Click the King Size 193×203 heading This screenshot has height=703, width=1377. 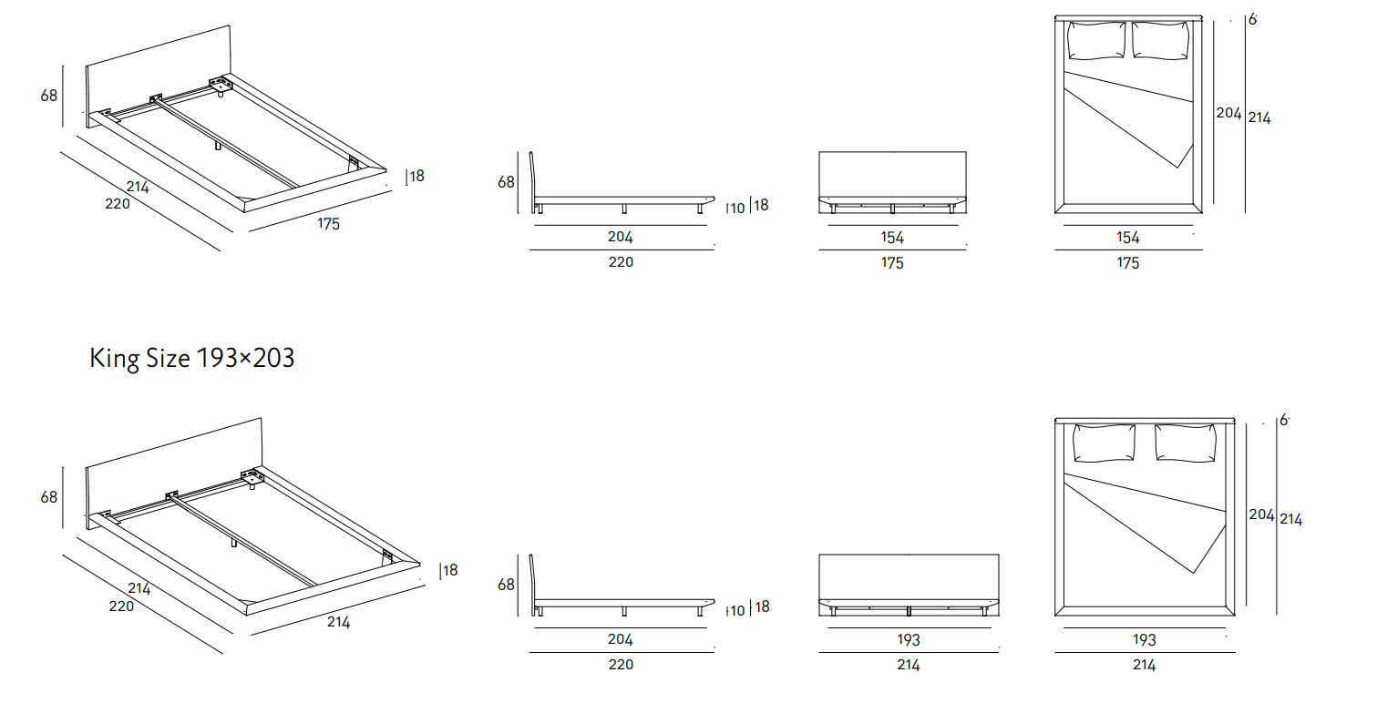click(x=192, y=358)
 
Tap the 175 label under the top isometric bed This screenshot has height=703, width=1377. click(x=329, y=223)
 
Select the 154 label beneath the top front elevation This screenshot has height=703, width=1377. click(x=892, y=238)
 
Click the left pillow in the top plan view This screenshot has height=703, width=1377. click(x=1096, y=40)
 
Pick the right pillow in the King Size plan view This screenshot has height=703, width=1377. click(x=1186, y=443)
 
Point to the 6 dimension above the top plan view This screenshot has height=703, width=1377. click(x=1253, y=18)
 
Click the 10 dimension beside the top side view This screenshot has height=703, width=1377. click(x=737, y=209)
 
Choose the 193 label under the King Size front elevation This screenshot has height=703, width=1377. click(x=909, y=640)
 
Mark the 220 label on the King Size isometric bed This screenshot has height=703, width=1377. click(x=121, y=606)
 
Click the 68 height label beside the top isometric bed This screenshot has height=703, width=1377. click(x=49, y=94)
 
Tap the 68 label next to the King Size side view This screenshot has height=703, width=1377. click(x=507, y=585)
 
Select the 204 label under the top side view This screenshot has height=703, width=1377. click(x=621, y=238)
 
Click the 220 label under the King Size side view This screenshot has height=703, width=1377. click(x=621, y=665)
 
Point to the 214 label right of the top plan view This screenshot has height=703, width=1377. click(x=1259, y=117)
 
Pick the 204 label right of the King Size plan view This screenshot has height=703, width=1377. click(x=1261, y=515)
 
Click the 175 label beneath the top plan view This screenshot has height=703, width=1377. click(x=1128, y=263)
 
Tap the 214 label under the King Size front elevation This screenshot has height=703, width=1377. click(x=909, y=666)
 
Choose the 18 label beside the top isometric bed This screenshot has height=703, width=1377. click(x=416, y=176)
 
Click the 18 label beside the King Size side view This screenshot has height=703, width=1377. click(x=760, y=606)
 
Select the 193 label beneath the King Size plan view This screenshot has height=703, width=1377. click(x=1145, y=640)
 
